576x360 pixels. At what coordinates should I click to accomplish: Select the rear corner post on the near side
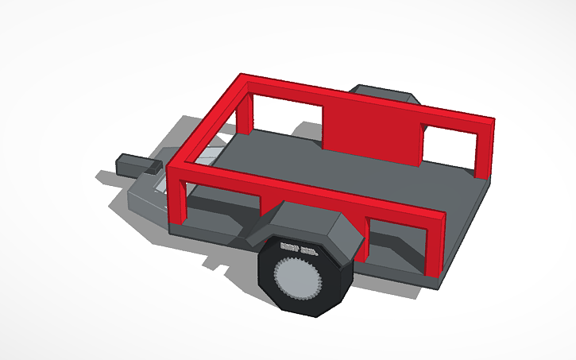pos(435,246)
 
